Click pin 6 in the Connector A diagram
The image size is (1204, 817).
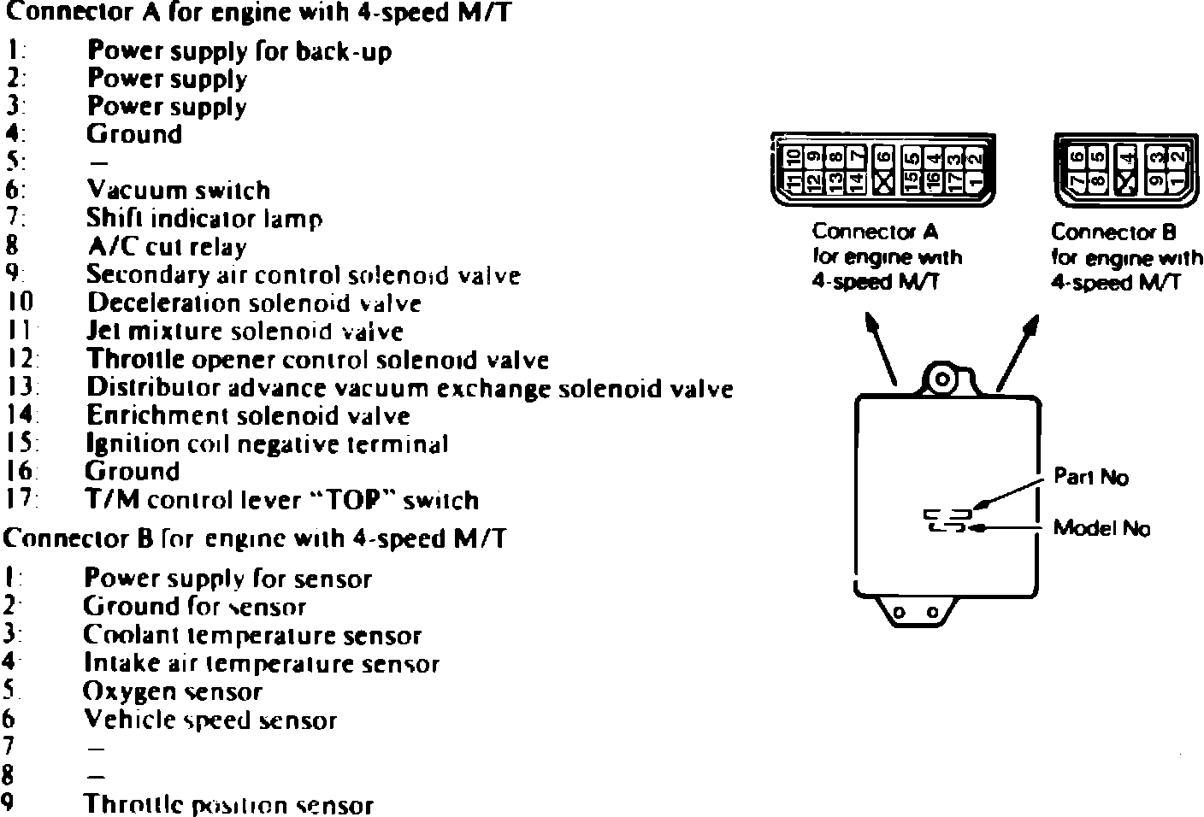[x=885, y=157]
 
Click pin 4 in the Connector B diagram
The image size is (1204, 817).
[x=1128, y=157]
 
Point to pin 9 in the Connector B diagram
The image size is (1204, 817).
[x=1155, y=180]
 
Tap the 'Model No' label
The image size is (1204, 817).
[x=1101, y=528]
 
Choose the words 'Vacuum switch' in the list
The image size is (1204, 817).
[x=178, y=190]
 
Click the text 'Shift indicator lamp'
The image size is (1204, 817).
[x=204, y=219]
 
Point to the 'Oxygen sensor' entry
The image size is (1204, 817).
[x=172, y=691]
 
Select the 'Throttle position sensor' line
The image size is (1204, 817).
[x=227, y=805]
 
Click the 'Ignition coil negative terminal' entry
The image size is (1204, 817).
[x=267, y=444]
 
